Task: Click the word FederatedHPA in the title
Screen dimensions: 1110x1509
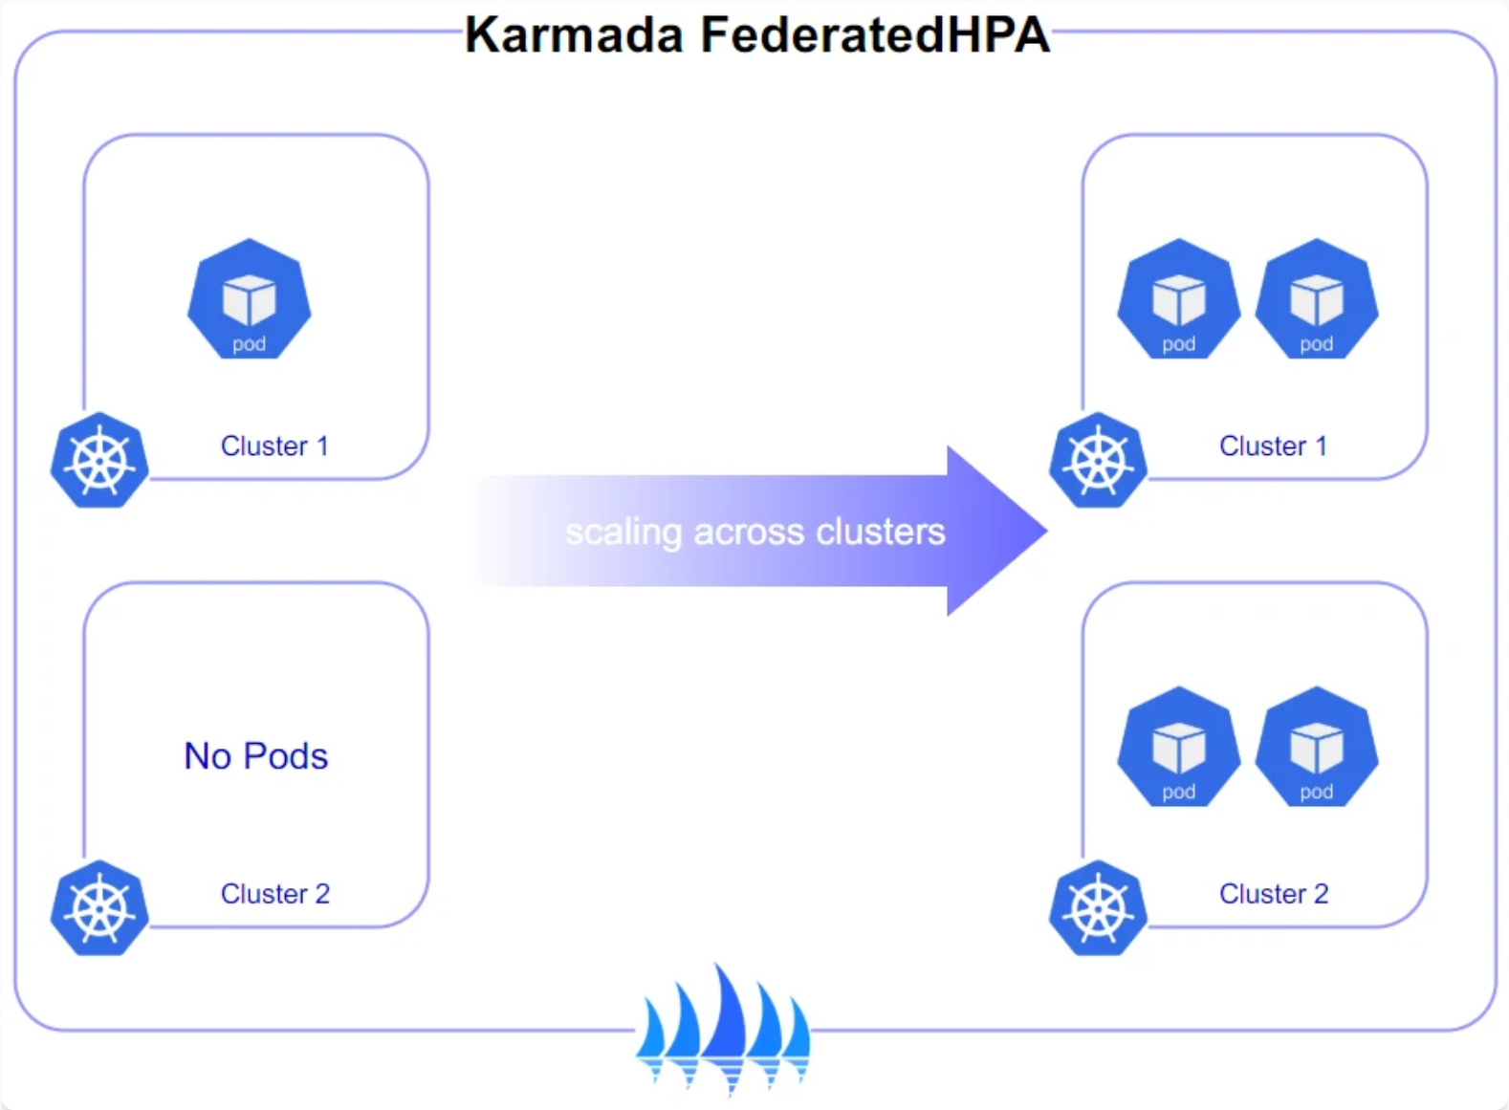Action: point(875,36)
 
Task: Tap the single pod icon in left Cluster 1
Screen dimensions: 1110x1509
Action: point(249,299)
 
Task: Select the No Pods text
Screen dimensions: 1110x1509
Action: point(256,756)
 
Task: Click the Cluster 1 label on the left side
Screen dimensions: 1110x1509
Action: point(274,446)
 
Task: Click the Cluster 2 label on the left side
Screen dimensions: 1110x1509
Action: point(275,894)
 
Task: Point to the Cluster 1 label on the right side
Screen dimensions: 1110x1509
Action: point(1273,446)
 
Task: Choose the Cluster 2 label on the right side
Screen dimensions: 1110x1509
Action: point(1274,894)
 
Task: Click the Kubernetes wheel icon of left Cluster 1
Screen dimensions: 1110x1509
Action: point(99,461)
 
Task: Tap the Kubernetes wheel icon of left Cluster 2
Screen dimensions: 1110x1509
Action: point(99,908)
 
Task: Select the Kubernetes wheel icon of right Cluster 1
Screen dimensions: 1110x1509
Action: point(1098,461)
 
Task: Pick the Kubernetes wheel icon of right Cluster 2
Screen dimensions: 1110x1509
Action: point(1098,908)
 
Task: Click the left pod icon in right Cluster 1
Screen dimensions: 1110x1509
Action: point(1178,299)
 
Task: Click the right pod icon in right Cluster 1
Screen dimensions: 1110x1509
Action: point(1316,299)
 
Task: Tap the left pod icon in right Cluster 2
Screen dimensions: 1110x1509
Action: point(1178,747)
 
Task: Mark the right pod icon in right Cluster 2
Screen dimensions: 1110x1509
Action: point(1316,747)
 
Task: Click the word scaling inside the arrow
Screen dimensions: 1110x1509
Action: point(623,533)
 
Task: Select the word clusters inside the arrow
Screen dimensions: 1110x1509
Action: point(880,533)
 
